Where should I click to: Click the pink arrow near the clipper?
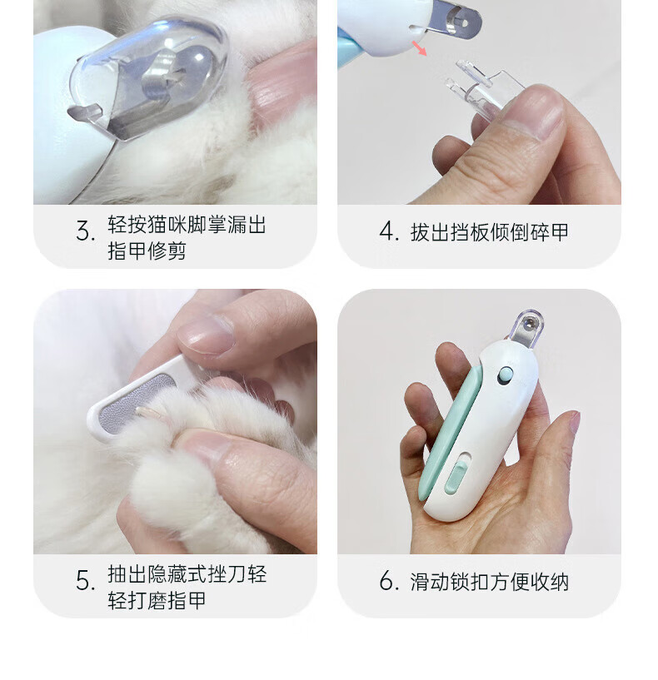(x=419, y=47)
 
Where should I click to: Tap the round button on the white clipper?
(x=505, y=375)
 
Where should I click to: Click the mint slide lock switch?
(x=456, y=477)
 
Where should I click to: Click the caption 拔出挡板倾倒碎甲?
(x=489, y=232)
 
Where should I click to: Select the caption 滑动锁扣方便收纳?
(x=489, y=582)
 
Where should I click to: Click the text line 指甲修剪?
(x=147, y=251)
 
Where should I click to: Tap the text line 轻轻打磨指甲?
(x=157, y=601)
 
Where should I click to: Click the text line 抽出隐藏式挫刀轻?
(x=187, y=574)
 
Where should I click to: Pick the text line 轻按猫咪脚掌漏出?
(x=187, y=225)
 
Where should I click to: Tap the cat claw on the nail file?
(x=148, y=413)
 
